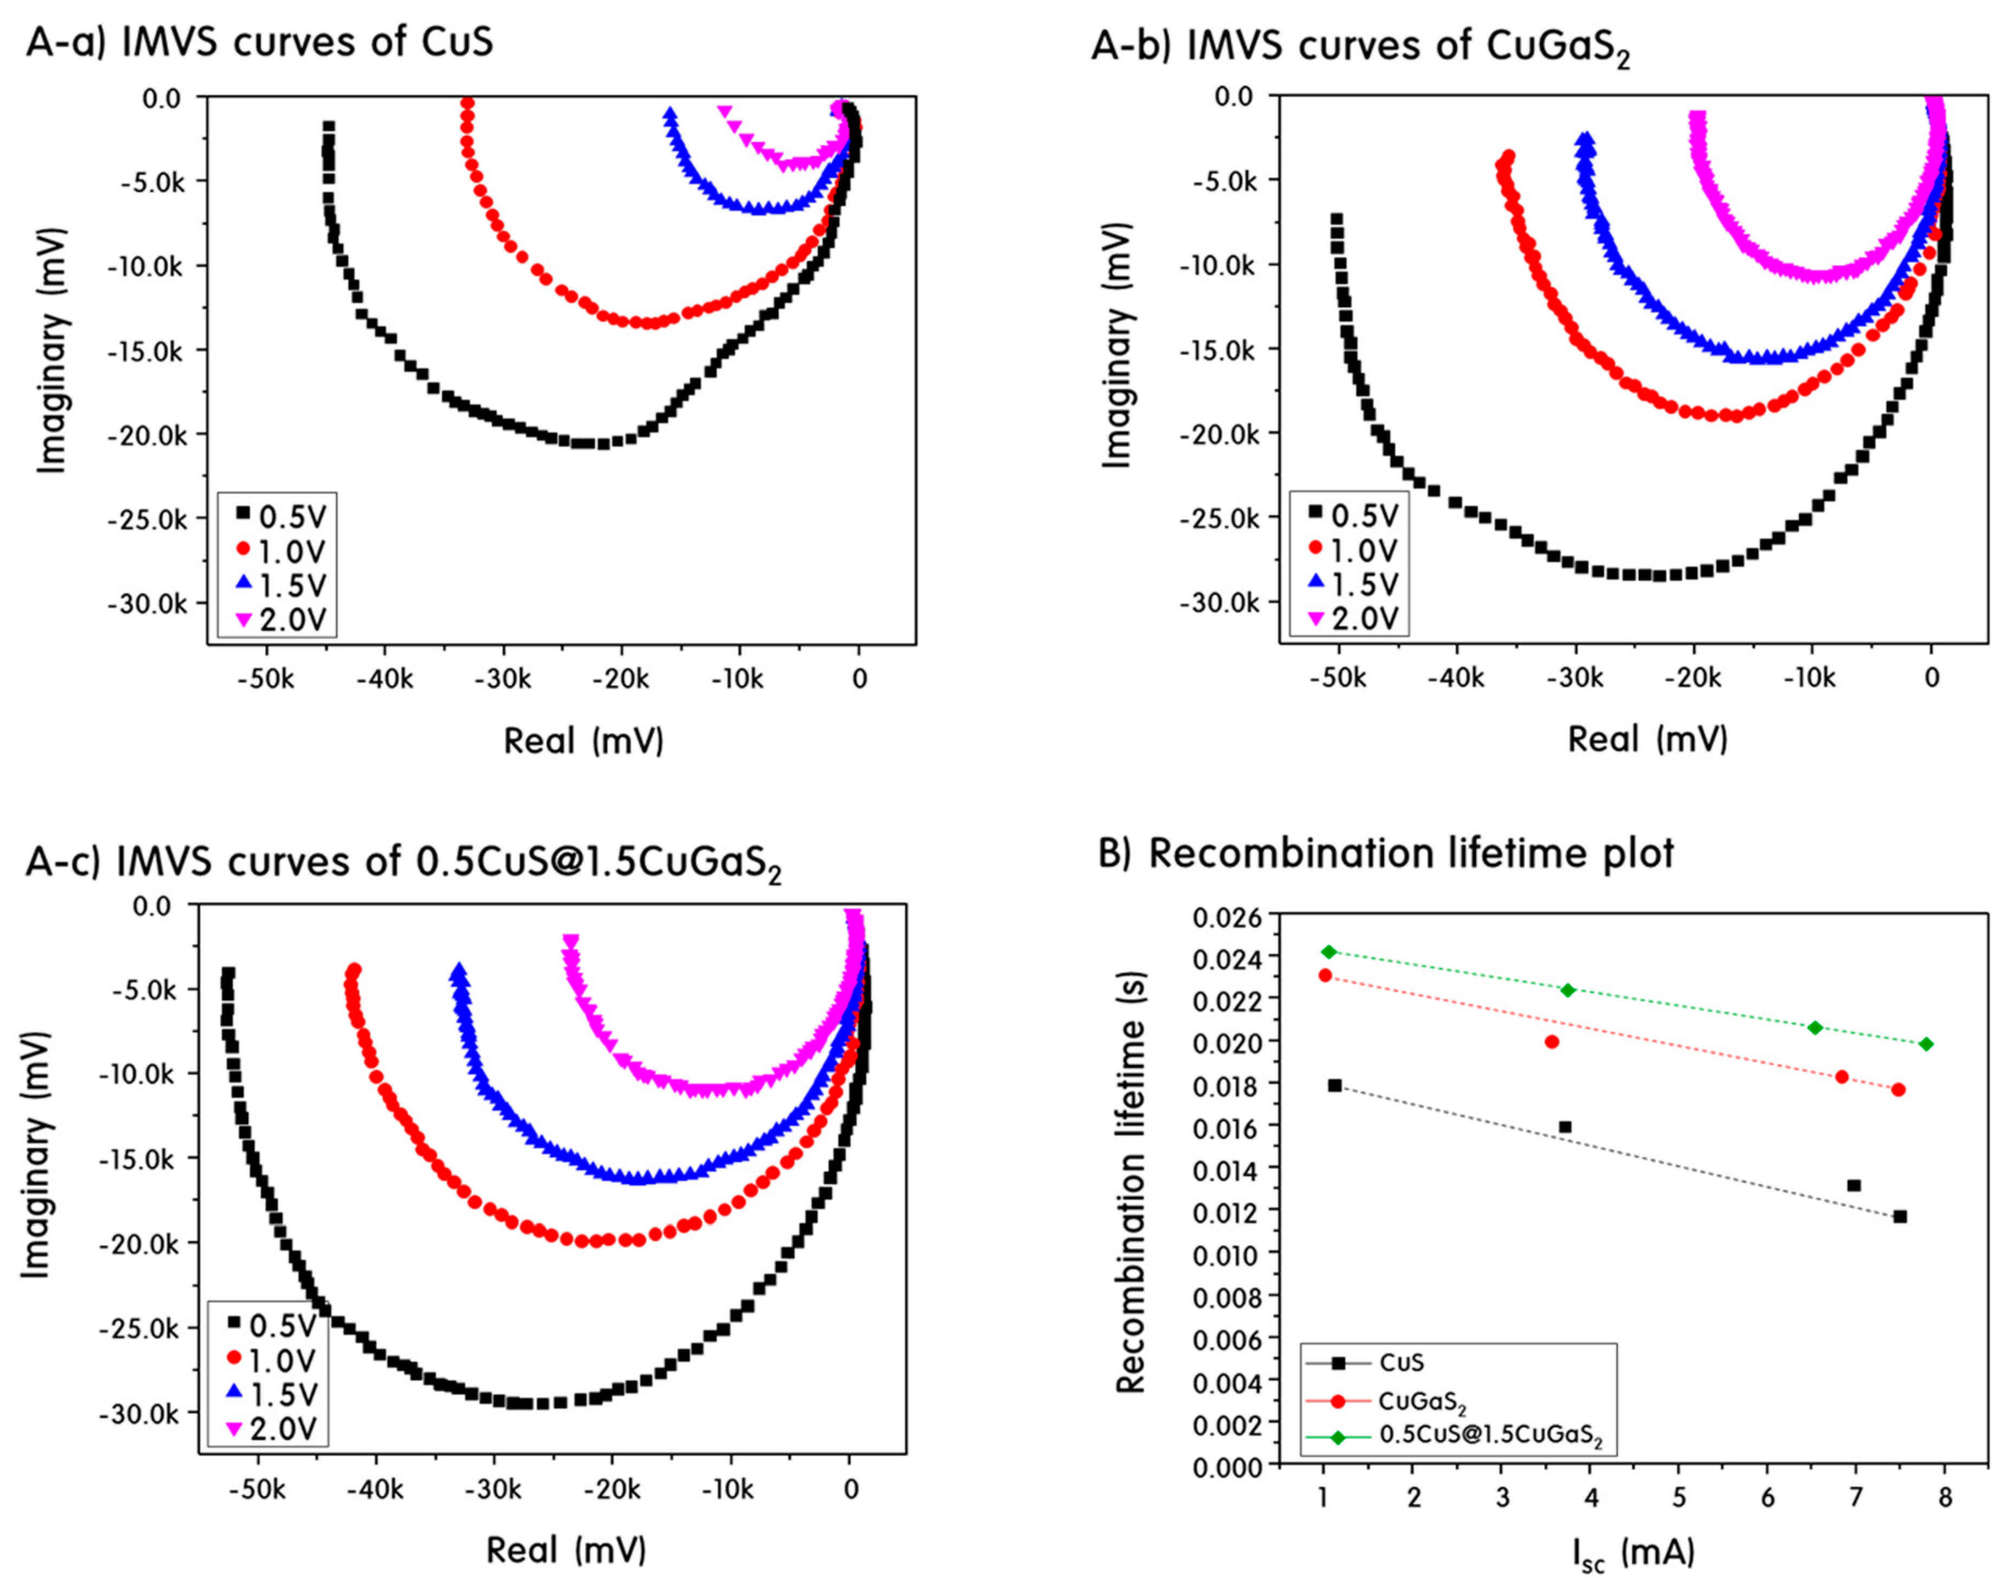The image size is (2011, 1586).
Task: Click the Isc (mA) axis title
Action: (1634, 1552)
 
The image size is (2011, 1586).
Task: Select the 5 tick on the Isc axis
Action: (1679, 1498)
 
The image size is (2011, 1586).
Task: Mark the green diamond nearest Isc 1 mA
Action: (1329, 952)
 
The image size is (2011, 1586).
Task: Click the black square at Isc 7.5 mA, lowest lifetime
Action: (1899, 1216)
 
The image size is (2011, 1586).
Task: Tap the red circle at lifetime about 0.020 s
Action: (1551, 1042)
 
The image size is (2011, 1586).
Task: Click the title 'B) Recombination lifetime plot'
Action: (1386, 853)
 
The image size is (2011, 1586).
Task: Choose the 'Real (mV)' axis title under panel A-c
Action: (566, 1550)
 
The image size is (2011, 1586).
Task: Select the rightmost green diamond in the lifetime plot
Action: (1926, 1045)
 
